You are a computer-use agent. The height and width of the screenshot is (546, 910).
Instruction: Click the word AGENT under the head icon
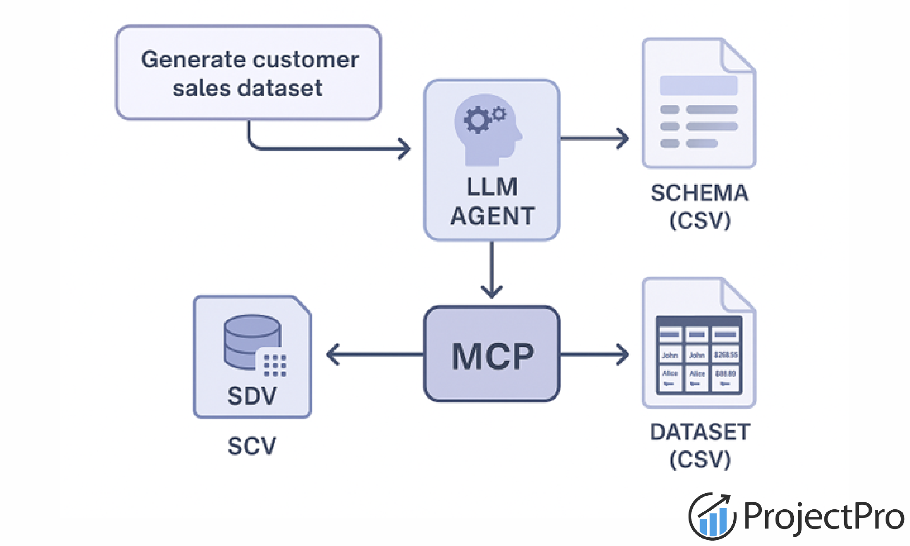pyautogui.click(x=493, y=216)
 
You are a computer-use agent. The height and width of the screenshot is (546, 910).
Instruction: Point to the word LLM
pyautogui.click(x=492, y=187)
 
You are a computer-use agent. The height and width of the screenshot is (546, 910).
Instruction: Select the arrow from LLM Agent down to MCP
pyautogui.click(x=492, y=271)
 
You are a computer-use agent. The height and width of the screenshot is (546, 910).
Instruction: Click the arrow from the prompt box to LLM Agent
pyautogui.click(x=327, y=149)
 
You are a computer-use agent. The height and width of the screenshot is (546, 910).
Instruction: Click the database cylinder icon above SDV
pyautogui.click(x=252, y=342)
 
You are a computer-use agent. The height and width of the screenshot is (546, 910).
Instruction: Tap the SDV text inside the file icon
pyautogui.click(x=252, y=396)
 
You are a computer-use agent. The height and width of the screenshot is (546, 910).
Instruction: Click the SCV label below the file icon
pyautogui.click(x=252, y=446)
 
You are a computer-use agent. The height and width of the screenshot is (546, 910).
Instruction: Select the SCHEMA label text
pyautogui.click(x=700, y=193)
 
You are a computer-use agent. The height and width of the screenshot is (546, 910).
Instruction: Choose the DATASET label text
pyautogui.click(x=700, y=432)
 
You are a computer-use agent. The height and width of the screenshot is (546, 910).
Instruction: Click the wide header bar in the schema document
pyautogui.click(x=699, y=86)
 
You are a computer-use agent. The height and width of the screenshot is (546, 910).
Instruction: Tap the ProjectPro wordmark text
pyautogui.click(x=823, y=516)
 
